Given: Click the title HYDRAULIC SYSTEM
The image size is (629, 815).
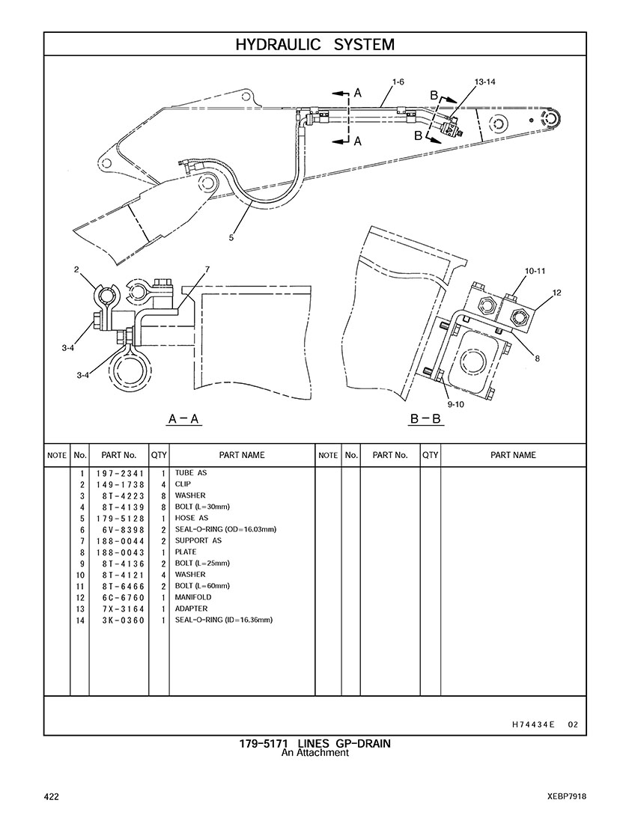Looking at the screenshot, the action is click(314, 44).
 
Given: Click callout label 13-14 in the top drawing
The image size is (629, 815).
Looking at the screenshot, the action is click(485, 82).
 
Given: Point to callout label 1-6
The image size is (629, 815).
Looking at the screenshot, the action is click(398, 82).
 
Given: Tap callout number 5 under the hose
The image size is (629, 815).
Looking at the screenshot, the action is click(231, 238).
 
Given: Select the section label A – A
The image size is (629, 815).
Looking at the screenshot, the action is click(184, 418).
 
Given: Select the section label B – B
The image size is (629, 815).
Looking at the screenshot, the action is click(425, 418).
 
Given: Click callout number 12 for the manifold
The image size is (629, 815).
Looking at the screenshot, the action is click(556, 293).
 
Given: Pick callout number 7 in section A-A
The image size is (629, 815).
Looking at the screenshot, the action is click(207, 269).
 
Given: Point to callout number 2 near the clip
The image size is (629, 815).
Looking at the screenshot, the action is click(76, 269).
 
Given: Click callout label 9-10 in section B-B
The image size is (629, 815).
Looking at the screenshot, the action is click(456, 404).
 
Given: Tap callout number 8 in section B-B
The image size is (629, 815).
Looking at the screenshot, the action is click(538, 358).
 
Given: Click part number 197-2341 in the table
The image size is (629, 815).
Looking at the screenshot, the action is click(120, 474).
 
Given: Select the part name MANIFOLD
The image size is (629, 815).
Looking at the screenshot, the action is click(193, 597).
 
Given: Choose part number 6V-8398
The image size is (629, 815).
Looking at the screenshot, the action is click(124, 530).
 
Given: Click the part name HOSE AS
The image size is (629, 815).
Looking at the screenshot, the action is click(192, 518).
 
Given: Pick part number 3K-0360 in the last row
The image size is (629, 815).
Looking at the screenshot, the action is click(124, 620).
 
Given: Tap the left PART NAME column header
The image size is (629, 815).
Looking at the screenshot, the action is click(242, 455).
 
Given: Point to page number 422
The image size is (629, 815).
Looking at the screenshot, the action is click(52, 796).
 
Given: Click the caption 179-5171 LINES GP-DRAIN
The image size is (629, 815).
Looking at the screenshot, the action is click(314, 744).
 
